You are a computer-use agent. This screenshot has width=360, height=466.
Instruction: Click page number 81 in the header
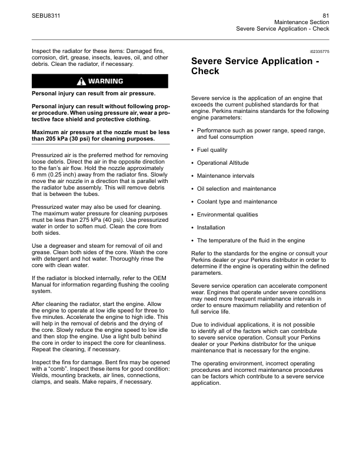point(325,15)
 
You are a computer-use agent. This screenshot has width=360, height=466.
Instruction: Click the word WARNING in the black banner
point(105,81)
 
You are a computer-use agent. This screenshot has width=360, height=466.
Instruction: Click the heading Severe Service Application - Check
point(256,66)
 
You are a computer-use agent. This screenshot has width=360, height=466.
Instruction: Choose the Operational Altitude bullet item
point(222,163)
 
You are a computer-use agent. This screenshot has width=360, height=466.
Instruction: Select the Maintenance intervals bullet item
point(225,176)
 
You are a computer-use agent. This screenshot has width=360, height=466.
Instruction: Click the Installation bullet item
point(211,227)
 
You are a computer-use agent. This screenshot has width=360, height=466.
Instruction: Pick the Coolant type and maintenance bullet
point(236,202)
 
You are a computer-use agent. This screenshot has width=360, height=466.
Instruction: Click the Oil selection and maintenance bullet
point(236,189)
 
